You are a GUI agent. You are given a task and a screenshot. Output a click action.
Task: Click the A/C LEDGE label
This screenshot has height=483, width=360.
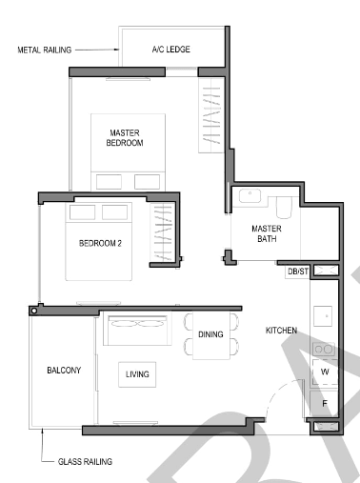[171, 50]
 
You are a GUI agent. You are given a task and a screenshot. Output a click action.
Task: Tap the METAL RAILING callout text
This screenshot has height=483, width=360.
[45, 50]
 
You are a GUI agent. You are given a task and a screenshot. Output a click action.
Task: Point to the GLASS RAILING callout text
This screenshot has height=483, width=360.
[85, 461]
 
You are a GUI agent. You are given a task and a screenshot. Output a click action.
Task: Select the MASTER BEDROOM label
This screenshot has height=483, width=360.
[125, 137]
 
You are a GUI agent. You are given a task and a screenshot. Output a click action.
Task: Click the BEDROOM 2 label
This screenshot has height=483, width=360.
[100, 243]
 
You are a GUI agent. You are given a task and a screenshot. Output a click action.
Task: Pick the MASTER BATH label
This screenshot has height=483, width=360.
[267, 233]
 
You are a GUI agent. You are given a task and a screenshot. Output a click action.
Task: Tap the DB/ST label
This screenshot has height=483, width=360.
[298, 272]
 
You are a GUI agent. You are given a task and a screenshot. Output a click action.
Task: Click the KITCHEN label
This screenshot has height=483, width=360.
[281, 331]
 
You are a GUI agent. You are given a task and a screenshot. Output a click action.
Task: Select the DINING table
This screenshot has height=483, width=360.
[211, 335]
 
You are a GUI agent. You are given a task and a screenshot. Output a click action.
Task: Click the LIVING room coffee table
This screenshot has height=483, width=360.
[137, 374]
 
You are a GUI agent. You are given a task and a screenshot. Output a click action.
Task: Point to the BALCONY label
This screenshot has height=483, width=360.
[64, 370]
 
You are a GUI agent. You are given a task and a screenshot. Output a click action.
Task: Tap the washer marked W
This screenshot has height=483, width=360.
[325, 372]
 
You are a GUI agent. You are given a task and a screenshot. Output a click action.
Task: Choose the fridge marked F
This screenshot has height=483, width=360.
[324, 404]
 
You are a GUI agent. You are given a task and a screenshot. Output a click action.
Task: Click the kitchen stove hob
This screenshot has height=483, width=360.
[324, 350]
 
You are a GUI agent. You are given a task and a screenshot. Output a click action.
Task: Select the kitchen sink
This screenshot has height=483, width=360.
[323, 316]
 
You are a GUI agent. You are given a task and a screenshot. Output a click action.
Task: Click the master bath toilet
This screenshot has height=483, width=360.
[284, 207]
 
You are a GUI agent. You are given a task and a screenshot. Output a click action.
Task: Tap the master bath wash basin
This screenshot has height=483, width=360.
[250, 195]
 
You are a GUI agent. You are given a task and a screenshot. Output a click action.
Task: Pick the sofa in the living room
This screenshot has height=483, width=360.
[137, 330]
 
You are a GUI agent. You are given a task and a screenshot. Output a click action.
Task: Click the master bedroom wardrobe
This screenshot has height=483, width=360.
[211, 115]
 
